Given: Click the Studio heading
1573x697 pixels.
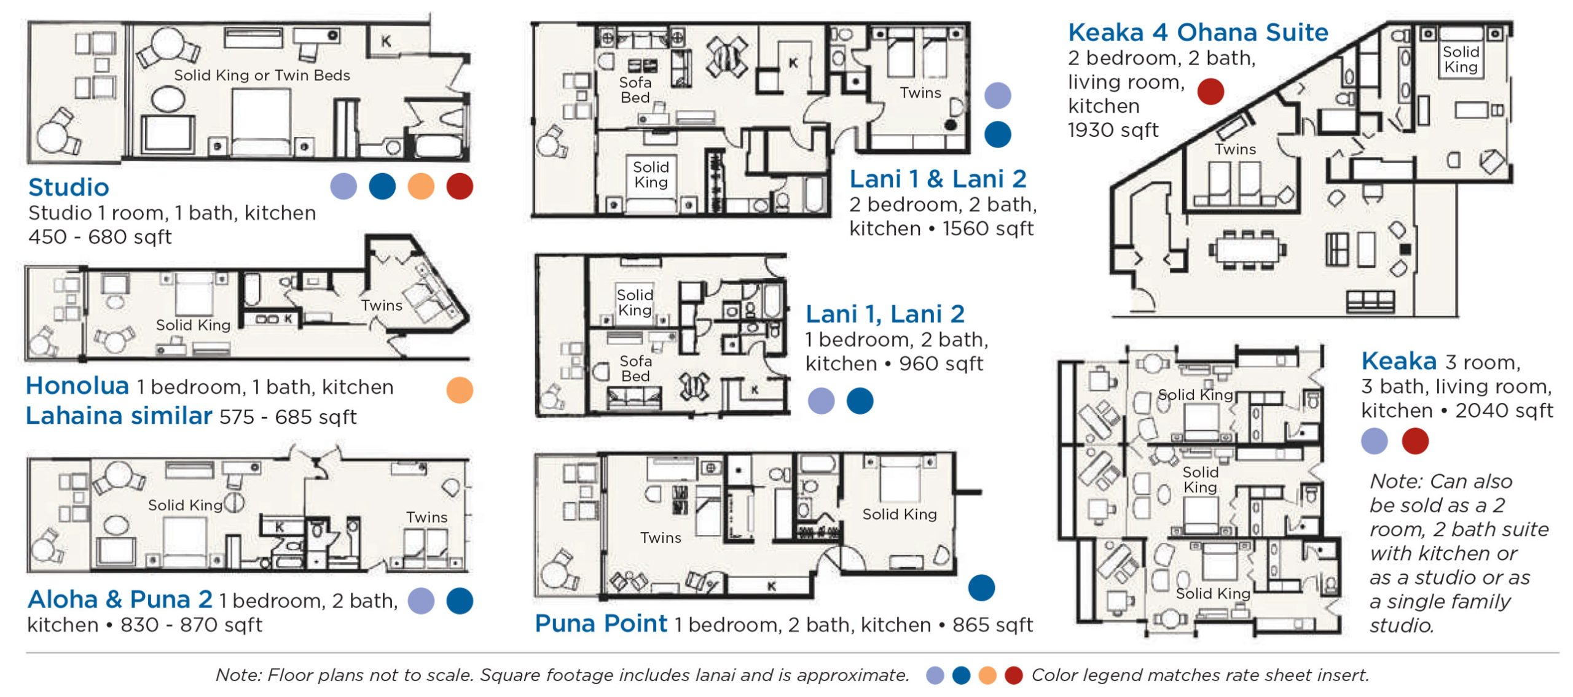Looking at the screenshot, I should [x=68, y=187].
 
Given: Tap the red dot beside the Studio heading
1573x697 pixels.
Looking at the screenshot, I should [x=460, y=186].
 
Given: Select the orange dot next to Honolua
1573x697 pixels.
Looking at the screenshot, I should [x=460, y=390].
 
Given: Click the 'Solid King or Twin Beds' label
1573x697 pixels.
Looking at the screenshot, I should [x=262, y=76].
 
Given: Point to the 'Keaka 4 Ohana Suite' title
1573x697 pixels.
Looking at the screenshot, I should [x=1198, y=33].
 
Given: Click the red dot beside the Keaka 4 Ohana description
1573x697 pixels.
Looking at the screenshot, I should [x=1210, y=92].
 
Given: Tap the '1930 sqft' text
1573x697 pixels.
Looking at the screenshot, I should [x=1113, y=130].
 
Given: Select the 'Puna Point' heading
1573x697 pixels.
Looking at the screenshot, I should [x=600, y=624].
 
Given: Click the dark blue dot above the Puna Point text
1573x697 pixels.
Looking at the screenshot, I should [x=981, y=588].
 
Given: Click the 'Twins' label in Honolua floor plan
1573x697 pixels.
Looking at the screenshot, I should [x=382, y=305].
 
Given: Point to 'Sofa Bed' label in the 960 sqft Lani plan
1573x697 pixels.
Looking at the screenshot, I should [x=635, y=368].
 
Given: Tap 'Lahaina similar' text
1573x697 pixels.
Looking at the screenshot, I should [x=119, y=416].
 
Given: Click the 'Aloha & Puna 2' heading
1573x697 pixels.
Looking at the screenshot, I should [x=120, y=599].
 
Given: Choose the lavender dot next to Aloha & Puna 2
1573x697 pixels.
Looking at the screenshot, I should [x=421, y=601].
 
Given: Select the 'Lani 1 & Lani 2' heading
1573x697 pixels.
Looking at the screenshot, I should [x=938, y=179].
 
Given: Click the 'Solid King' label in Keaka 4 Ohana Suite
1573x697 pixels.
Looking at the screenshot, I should [x=1461, y=60].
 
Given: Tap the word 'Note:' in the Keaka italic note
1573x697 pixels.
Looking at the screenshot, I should [x=1395, y=481].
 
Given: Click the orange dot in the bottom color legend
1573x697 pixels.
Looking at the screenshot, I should [x=987, y=676].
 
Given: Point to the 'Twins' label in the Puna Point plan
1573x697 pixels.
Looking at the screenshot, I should [x=661, y=538].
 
